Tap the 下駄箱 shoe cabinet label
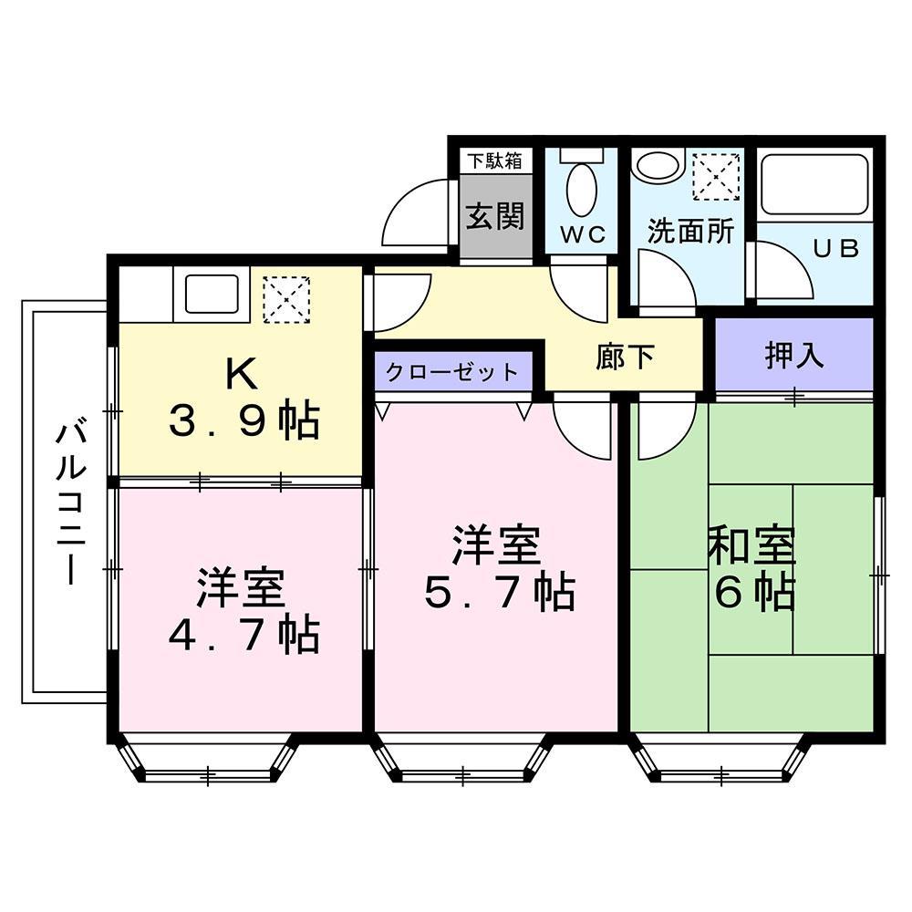pos(495,161)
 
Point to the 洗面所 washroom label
pos(690,231)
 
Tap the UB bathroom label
pos(835,249)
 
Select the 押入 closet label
pos(793,356)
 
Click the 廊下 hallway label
pos(625,357)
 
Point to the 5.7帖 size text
pos(498,594)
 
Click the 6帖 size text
pos(753,594)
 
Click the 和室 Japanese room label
pos(753,545)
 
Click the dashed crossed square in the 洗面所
pos(716,176)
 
